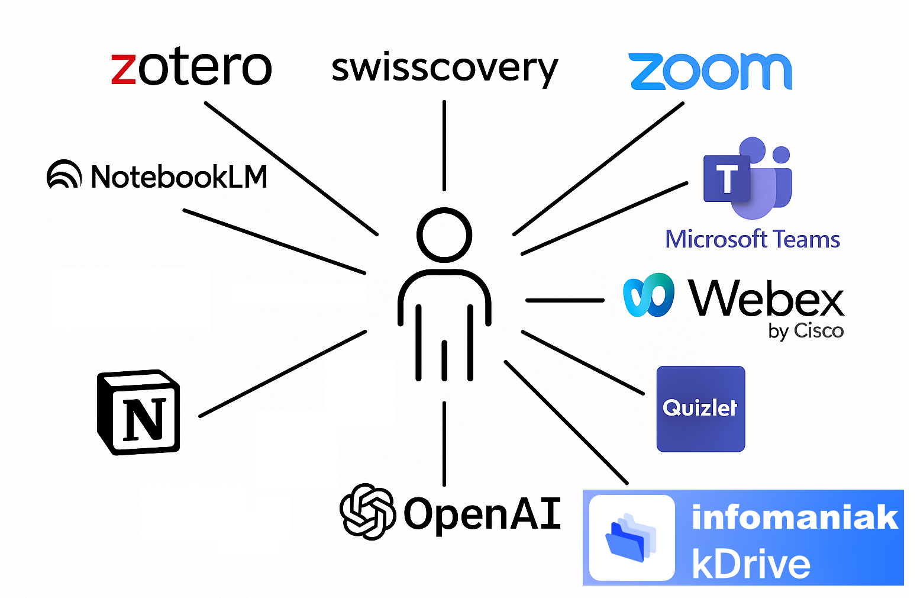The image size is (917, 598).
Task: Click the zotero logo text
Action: tap(192, 68)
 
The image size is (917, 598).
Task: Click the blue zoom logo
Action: tap(710, 72)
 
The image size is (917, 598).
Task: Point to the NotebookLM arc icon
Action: tap(64, 175)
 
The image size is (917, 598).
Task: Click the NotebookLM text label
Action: tap(179, 176)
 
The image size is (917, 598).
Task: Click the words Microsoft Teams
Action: tap(752, 239)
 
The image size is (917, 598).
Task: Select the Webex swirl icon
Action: tap(648, 295)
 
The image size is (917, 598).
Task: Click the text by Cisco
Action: tap(806, 330)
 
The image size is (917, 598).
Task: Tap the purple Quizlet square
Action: tap(700, 409)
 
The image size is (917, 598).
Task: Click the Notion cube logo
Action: tap(139, 413)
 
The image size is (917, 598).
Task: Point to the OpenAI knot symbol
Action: tap(367, 512)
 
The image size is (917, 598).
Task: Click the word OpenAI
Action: tap(482, 513)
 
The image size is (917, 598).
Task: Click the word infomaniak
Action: tap(795, 517)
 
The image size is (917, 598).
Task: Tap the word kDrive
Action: tap(751, 564)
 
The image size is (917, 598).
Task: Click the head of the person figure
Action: tap(444, 234)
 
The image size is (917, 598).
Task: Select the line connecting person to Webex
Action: tap(564, 300)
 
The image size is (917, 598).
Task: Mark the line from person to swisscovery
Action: tap(444, 145)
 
